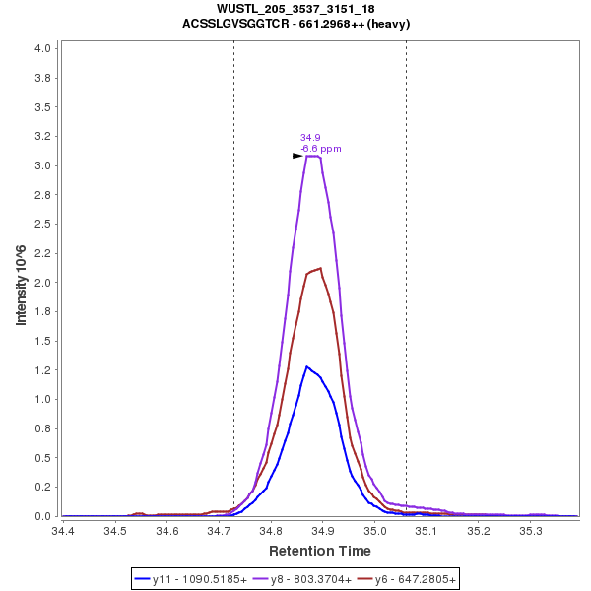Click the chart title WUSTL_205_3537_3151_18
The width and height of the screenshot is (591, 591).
295,9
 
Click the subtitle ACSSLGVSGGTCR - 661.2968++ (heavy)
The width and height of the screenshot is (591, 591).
295,23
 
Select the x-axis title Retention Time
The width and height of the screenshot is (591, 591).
320,551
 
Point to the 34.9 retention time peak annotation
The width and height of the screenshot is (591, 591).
310,138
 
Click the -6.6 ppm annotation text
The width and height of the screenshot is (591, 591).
321,149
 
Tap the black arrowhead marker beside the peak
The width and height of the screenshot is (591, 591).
297,156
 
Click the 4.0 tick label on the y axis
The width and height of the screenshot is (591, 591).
42,48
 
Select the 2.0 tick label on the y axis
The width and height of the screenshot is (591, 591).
42,283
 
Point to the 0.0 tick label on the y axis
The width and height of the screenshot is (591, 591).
42,516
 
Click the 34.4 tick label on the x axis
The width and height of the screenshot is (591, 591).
63,531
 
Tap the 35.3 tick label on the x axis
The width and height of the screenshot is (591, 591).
531,531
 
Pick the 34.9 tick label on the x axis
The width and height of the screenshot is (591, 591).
323,531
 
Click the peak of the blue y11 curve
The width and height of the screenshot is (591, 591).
307,366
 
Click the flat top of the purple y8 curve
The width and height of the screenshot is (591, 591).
313,156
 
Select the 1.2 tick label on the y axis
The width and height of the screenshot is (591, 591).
42,376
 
